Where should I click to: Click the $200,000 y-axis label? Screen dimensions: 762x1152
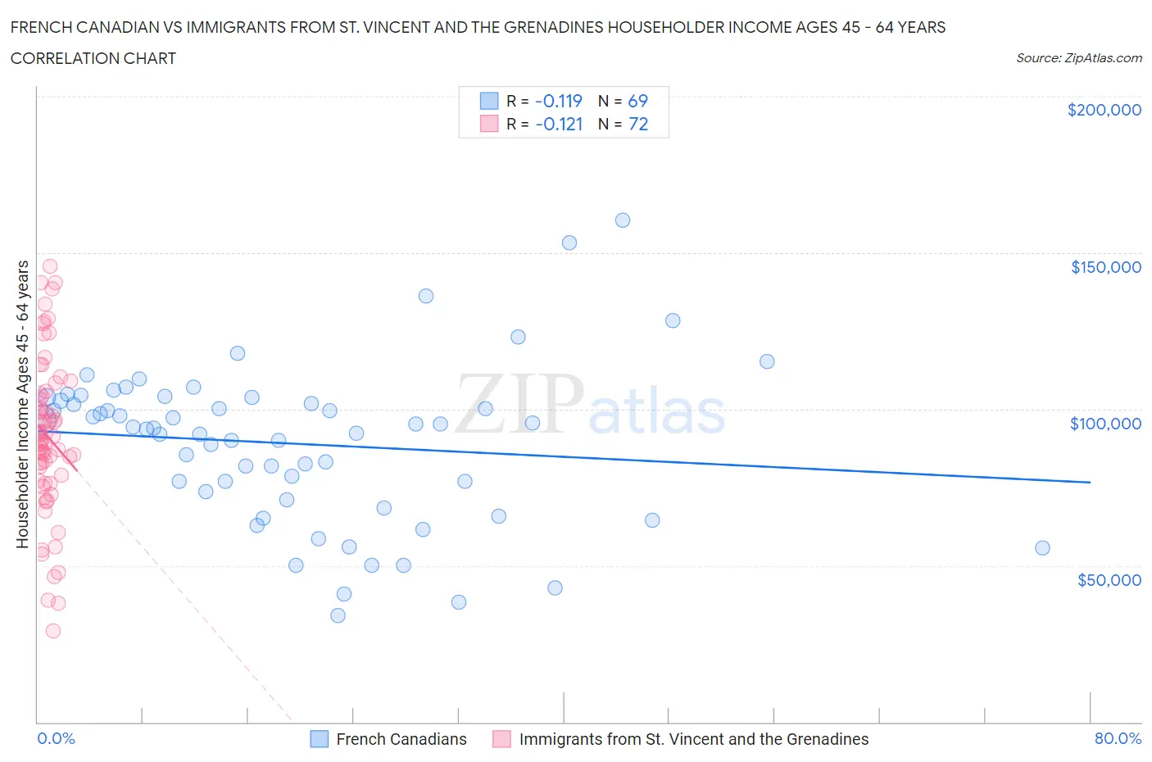(1104, 110)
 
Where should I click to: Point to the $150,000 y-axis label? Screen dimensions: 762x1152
(1105, 267)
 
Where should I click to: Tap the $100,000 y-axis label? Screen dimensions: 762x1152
(1105, 424)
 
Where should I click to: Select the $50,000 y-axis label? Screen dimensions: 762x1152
(1109, 580)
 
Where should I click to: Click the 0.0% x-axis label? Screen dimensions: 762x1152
(56, 739)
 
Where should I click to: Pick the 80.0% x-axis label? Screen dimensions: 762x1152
(1118, 739)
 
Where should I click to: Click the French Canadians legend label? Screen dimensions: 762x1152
(401, 739)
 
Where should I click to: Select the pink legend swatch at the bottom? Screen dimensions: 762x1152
(501, 739)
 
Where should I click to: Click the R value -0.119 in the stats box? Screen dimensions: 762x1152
(558, 101)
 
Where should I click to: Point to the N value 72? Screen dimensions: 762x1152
(638, 124)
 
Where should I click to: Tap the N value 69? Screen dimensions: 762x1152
(637, 101)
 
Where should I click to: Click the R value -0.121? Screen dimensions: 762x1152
(558, 124)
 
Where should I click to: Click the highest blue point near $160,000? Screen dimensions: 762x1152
(623, 220)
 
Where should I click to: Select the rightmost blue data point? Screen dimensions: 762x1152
(1042, 548)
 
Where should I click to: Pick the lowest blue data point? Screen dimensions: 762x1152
(338, 615)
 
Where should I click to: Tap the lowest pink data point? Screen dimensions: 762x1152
(53, 631)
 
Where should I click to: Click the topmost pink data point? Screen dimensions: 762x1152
(50, 266)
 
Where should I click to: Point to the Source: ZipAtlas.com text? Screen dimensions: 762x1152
(1078, 58)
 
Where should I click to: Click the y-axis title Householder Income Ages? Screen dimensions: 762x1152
(23, 404)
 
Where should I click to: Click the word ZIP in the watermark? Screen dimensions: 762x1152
(519, 404)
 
